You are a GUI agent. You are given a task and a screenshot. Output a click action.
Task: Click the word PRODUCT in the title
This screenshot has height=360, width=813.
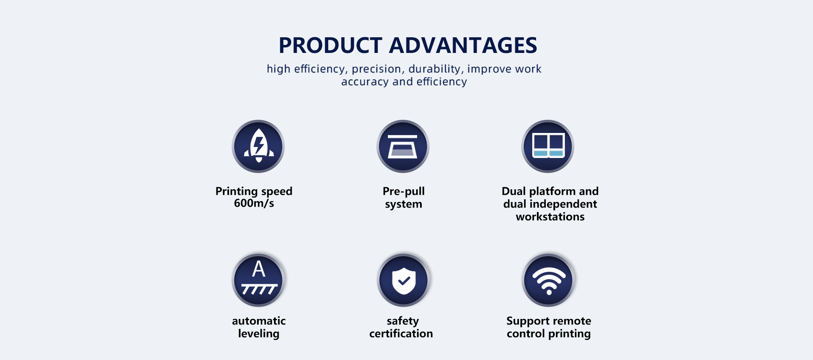[x=325, y=45]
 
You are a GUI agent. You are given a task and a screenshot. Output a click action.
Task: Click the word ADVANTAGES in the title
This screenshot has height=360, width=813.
[x=463, y=45]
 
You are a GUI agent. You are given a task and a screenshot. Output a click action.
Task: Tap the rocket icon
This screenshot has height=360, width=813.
[x=258, y=146]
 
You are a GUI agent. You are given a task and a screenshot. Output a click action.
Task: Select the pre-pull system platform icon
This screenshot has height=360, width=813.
[x=403, y=146]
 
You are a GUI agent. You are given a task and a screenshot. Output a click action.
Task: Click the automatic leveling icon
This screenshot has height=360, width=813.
[x=258, y=280]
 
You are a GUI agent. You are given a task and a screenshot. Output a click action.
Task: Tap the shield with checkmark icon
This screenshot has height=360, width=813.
[x=403, y=280]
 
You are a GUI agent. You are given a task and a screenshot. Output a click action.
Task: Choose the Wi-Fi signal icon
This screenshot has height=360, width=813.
[x=549, y=280]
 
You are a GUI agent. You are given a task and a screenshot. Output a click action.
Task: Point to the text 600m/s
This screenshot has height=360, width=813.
[x=254, y=203]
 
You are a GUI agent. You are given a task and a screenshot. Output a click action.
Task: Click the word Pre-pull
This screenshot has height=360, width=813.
[x=404, y=191]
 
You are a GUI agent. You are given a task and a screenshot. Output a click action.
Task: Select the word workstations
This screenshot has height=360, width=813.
[x=550, y=217]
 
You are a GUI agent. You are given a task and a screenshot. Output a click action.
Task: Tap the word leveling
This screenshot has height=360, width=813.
[x=259, y=334]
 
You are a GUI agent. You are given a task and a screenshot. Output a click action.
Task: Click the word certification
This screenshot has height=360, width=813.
[x=401, y=334]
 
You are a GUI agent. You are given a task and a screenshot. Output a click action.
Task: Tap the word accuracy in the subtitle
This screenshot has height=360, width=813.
[x=365, y=82]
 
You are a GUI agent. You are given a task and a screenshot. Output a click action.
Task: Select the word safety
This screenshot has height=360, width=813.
[x=403, y=321]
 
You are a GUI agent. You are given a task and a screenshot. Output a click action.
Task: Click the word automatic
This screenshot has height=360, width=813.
[x=259, y=321]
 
